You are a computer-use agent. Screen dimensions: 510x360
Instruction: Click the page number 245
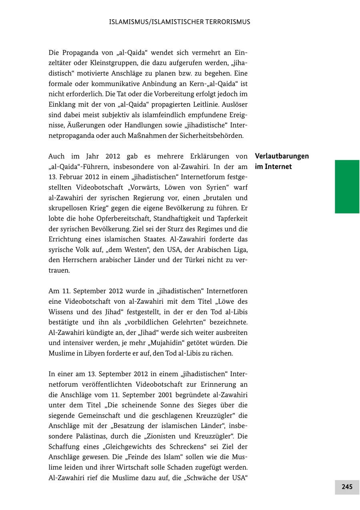[x=347, y=487]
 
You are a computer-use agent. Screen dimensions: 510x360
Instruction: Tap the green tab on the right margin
[x=347, y=186]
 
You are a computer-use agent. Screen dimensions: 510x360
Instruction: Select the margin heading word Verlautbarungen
[x=282, y=156]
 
